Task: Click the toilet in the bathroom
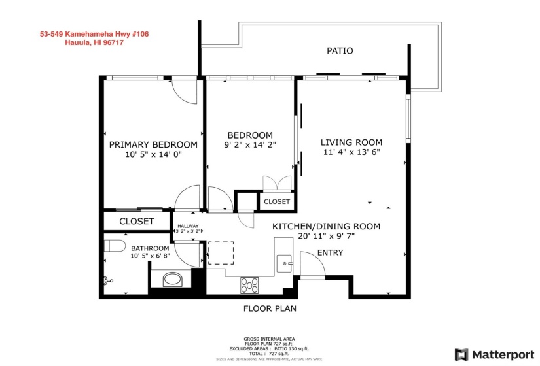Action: (x=115, y=246)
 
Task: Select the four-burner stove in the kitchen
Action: (x=249, y=285)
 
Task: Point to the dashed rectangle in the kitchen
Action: (x=221, y=252)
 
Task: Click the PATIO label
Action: (x=340, y=50)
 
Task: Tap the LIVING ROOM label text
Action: (x=351, y=142)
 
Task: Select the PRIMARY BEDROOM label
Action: (x=153, y=144)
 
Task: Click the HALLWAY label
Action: (x=187, y=226)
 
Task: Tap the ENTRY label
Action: (x=330, y=253)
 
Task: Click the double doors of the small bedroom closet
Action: (x=271, y=183)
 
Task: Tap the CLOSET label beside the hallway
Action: (x=137, y=222)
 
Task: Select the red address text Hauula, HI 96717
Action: (x=95, y=43)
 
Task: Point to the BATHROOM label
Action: (x=150, y=248)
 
